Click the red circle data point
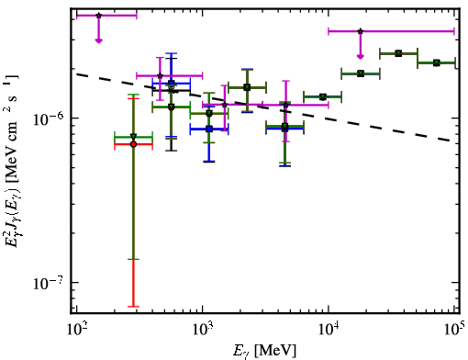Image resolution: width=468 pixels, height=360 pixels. [133, 144]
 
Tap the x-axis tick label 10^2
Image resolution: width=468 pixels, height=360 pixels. [76, 331]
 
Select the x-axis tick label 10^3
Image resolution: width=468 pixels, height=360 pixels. [203, 331]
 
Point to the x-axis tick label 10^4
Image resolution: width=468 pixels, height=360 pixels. [329, 331]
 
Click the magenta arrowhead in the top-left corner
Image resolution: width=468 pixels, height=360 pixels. [98, 40]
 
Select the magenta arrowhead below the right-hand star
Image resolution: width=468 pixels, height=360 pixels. [361, 56]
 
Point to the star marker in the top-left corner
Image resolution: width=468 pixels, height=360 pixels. [98, 16]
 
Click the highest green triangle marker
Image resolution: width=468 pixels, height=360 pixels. [398, 53]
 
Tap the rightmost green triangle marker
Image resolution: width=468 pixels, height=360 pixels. [437, 63]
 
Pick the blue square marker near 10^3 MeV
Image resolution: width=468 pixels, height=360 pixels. [209, 129]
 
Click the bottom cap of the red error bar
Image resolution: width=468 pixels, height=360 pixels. [133, 306]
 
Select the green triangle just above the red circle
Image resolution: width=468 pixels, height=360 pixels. [133, 137]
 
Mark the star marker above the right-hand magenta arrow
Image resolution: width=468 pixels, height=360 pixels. [361, 31]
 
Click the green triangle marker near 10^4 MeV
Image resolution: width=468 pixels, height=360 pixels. [322, 97]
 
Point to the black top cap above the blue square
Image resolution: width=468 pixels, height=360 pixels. [172, 58]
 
